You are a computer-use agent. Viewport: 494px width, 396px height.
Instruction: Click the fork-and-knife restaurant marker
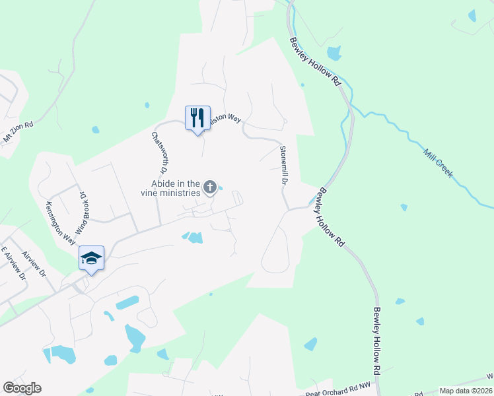click(x=197, y=118)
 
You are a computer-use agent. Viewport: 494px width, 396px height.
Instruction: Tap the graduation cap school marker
click(x=91, y=258)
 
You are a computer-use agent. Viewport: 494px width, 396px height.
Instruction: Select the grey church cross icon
click(x=210, y=188)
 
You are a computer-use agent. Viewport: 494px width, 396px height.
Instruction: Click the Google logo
click(x=22, y=388)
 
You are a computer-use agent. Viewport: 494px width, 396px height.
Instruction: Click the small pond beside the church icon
click(x=221, y=188)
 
